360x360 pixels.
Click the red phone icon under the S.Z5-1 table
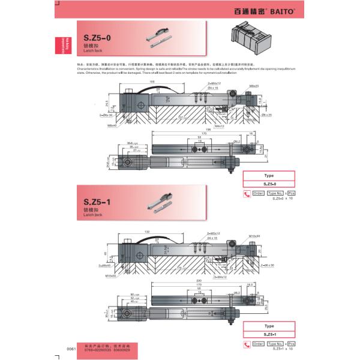tap(245, 344)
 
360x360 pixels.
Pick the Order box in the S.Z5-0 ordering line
tap(258, 193)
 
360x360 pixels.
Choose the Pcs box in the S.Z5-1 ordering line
tap(291, 344)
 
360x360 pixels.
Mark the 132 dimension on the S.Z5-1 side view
tap(147, 232)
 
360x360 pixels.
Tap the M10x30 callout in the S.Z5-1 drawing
tap(254, 236)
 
